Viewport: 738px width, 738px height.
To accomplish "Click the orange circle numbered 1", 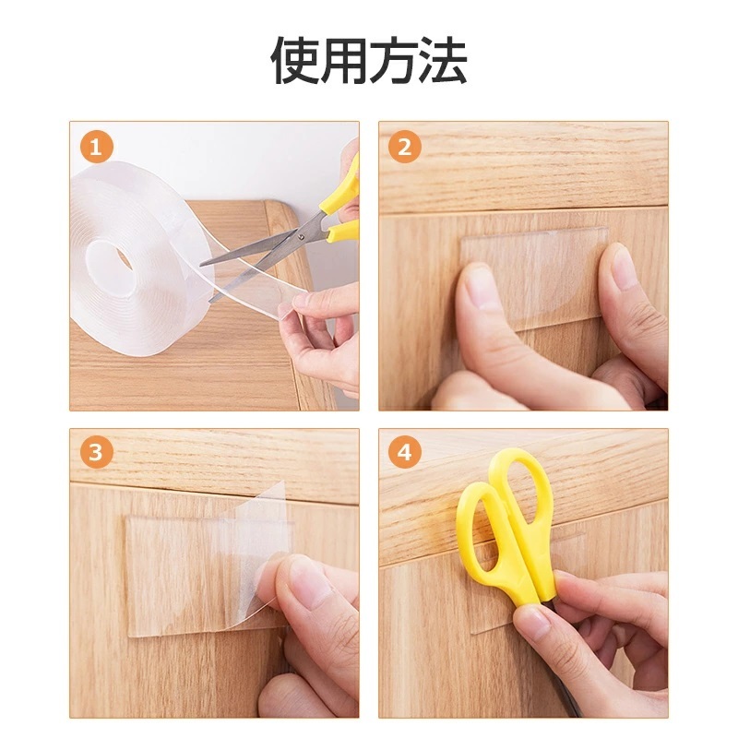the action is [x=97, y=148].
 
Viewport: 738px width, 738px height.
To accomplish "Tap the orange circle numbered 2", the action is [x=405, y=148].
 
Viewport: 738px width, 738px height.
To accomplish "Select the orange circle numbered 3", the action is [x=97, y=452].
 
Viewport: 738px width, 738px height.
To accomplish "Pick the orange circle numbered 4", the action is [x=405, y=452].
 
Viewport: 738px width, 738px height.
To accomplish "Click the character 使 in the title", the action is [x=295, y=61].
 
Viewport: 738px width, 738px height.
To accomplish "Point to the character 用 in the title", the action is [x=344, y=61].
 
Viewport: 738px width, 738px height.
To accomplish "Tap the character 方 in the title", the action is [x=394, y=61].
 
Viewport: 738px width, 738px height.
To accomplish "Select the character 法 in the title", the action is [x=443, y=61].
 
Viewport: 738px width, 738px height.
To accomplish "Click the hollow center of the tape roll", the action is [x=124, y=260].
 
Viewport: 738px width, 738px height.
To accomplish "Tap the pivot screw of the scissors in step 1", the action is [x=302, y=237].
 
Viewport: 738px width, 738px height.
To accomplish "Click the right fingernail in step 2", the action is [x=624, y=266].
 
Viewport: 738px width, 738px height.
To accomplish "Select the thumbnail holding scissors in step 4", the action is [x=533, y=620].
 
